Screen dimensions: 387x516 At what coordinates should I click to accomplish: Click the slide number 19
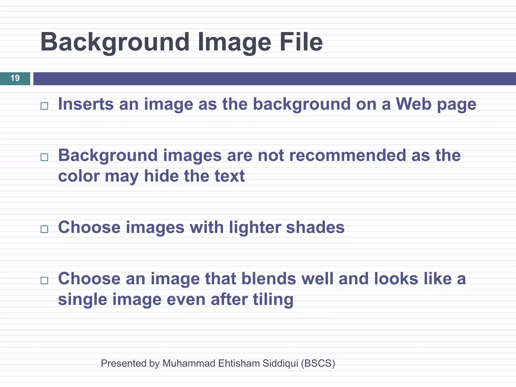pyautogui.click(x=15, y=78)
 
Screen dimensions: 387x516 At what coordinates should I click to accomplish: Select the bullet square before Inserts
pyautogui.click(x=44, y=106)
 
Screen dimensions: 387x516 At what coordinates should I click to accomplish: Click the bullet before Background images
pyautogui.click(x=44, y=157)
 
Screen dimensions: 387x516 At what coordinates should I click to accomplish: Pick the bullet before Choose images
pyautogui.click(x=44, y=229)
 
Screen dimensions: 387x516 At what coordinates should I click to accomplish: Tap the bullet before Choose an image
pyautogui.click(x=44, y=280)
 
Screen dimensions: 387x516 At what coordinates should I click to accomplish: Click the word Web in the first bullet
pyautogui.click(x=413, y=104)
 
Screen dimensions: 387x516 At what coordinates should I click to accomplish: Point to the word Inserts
pyautogui.click(x=86, y=104)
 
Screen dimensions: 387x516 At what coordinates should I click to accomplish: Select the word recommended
pyautogui.click(x=347, y=155)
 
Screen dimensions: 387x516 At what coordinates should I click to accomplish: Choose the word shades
pyautogui.click(x=315, y=228)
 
